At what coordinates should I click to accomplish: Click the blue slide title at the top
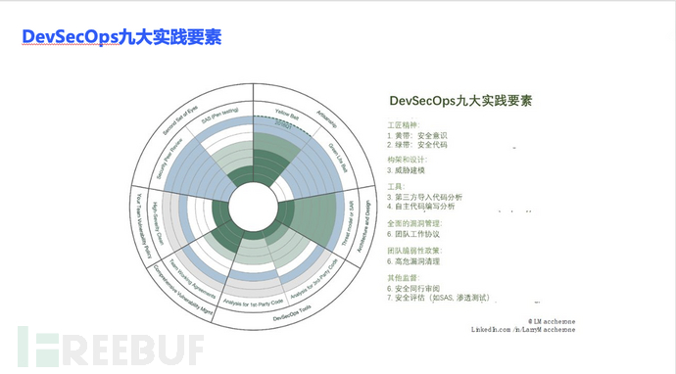pyautogui.click(x=121, y=38)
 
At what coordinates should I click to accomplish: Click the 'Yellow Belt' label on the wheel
pyautogui.click(x=288, y=111)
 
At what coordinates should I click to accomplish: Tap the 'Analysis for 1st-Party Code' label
pyautogui.click(x=253, y=298)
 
